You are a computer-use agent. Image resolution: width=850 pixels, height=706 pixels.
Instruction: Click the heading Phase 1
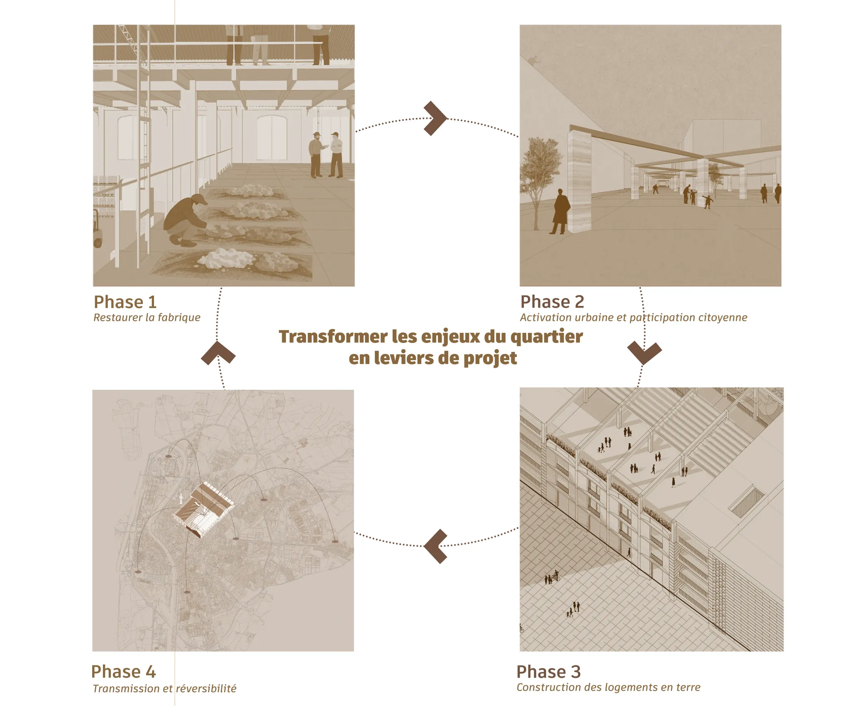(x=125, y=302)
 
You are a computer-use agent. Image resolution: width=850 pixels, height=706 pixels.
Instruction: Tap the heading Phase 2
(x=552, y=302)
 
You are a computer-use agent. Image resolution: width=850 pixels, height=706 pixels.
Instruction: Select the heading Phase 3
(x=548, y=672)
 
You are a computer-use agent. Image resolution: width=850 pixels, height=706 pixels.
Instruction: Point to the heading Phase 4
(x=123, y=672)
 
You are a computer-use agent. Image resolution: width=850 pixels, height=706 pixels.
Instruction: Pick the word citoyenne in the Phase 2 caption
(x=723, y=318)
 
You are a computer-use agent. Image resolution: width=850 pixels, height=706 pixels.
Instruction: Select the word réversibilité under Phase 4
(x=206, y=689)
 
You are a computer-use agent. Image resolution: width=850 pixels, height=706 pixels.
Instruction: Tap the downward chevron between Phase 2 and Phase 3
(x=644, y=353)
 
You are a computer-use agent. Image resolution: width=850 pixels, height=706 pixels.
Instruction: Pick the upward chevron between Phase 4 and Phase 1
(x=218, y=353)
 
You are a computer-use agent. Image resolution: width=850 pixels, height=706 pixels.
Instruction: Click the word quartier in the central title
(x=546, y=337)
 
